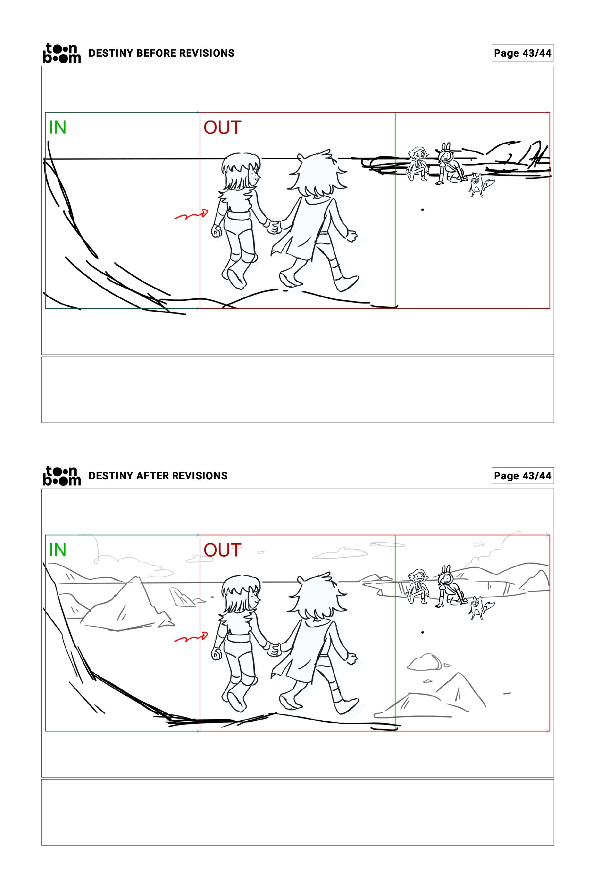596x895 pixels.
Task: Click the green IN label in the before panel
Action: (x=58, y=127)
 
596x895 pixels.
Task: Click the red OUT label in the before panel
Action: (x=223, y=127)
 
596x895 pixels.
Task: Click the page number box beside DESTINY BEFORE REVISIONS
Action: (x=523, y=53)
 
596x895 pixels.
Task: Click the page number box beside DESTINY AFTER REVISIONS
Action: (x=523, y=476)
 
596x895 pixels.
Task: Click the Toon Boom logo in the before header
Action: (x=62, y=53)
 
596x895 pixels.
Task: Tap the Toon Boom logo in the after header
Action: (x=62, y=476)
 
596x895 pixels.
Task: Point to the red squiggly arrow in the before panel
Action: (x=191, y=215)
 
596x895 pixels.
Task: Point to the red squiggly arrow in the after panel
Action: (x=191, y=638)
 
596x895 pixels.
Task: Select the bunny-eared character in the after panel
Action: (x=450, y=586)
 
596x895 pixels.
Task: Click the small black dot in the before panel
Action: (x=423, y=210)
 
